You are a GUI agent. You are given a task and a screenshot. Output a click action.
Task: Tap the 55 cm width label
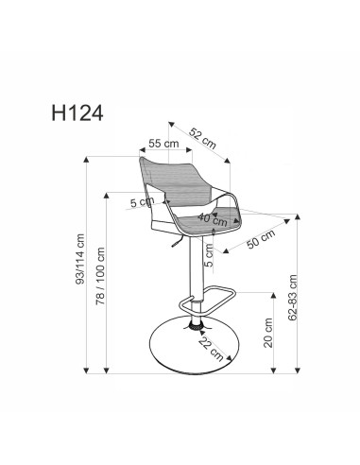164,144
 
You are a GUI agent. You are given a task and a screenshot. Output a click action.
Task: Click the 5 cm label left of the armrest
143,201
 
